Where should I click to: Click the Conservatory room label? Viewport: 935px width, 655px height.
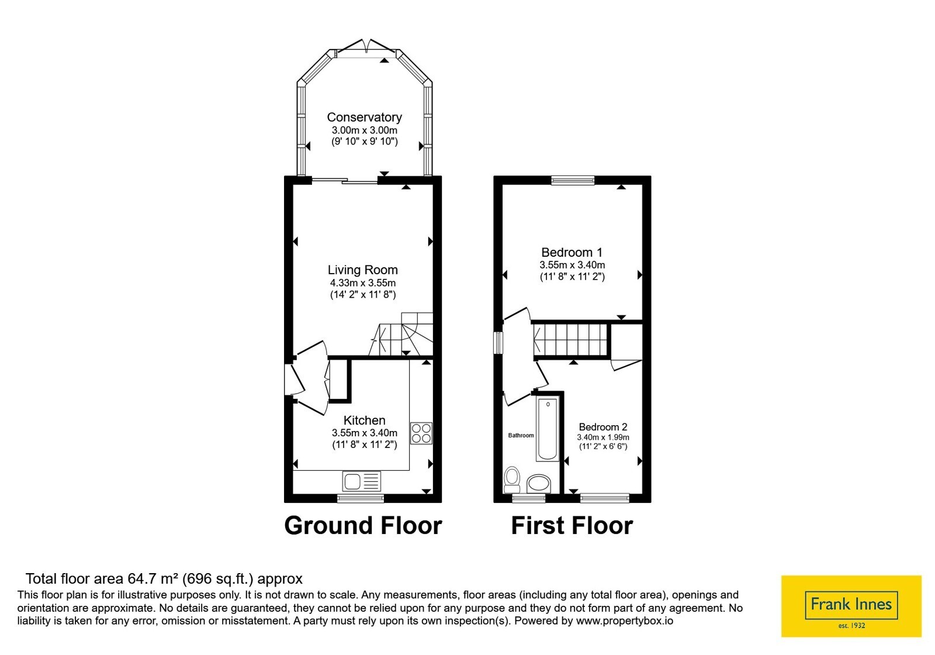tap(364, 118)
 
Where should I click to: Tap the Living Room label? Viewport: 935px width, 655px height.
tap(362, 270)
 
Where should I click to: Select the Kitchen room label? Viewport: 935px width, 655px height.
tap(364, 420)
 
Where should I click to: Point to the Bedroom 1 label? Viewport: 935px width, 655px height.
tap(572, 252)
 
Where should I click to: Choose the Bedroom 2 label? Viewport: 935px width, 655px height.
tap(602, 427)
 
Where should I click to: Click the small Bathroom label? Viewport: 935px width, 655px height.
tap(521, 435)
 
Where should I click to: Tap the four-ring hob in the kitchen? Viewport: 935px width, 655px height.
tap(421, 433)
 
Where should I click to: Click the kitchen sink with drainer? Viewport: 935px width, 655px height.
tap(362, 481)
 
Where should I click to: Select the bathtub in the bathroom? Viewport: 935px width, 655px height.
tap(548, 429)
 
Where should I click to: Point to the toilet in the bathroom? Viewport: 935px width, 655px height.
tap(512, 480)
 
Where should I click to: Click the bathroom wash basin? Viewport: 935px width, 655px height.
tap(538, 484)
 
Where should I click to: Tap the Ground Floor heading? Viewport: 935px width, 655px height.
tap(363, 526)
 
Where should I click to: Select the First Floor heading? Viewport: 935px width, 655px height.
tap(572, 526)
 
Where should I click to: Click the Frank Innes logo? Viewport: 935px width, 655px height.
tap(851, 606)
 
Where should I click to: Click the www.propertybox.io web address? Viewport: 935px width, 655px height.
tap(625, 620)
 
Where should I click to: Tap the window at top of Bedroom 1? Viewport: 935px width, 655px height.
tap(573, 180)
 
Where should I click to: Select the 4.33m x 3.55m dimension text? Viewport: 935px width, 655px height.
tap(363, 283)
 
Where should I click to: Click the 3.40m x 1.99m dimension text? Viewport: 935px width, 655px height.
tap(602, 437)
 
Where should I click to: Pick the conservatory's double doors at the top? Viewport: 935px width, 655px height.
tap(366, 46)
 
